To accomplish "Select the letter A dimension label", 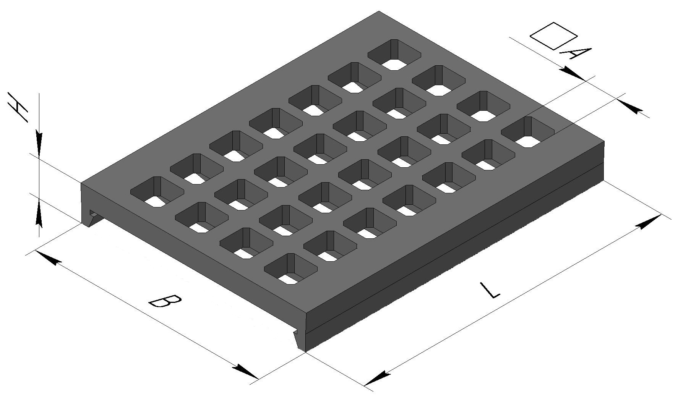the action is (575, 54).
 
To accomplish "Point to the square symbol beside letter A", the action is (553, 36).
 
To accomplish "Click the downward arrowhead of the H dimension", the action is (39, 143).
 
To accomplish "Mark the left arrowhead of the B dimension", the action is (48, 257).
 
